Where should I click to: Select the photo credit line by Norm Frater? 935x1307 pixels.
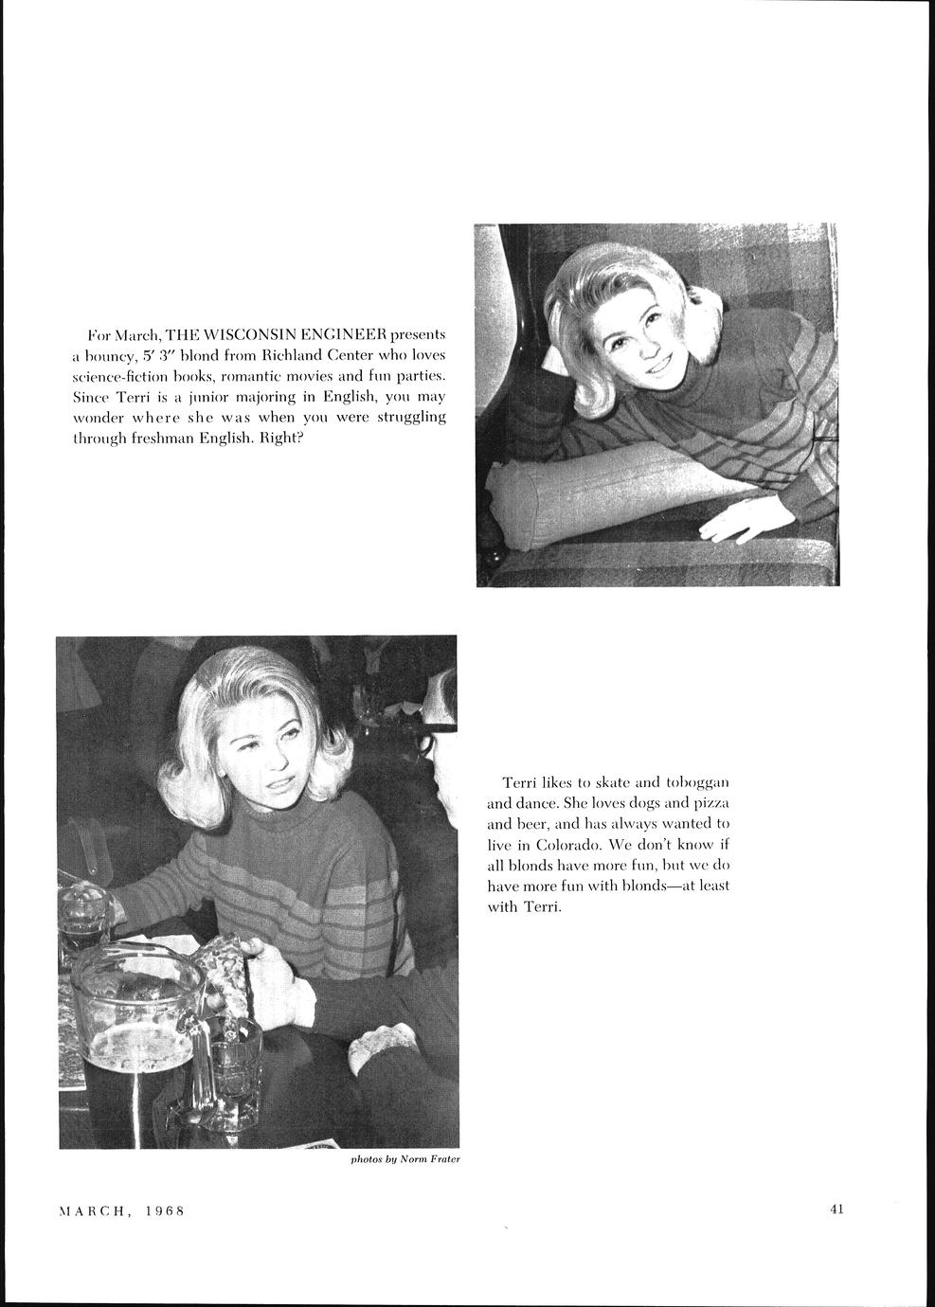[405, 1159]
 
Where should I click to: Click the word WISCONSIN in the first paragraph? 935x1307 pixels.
[243, 335]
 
